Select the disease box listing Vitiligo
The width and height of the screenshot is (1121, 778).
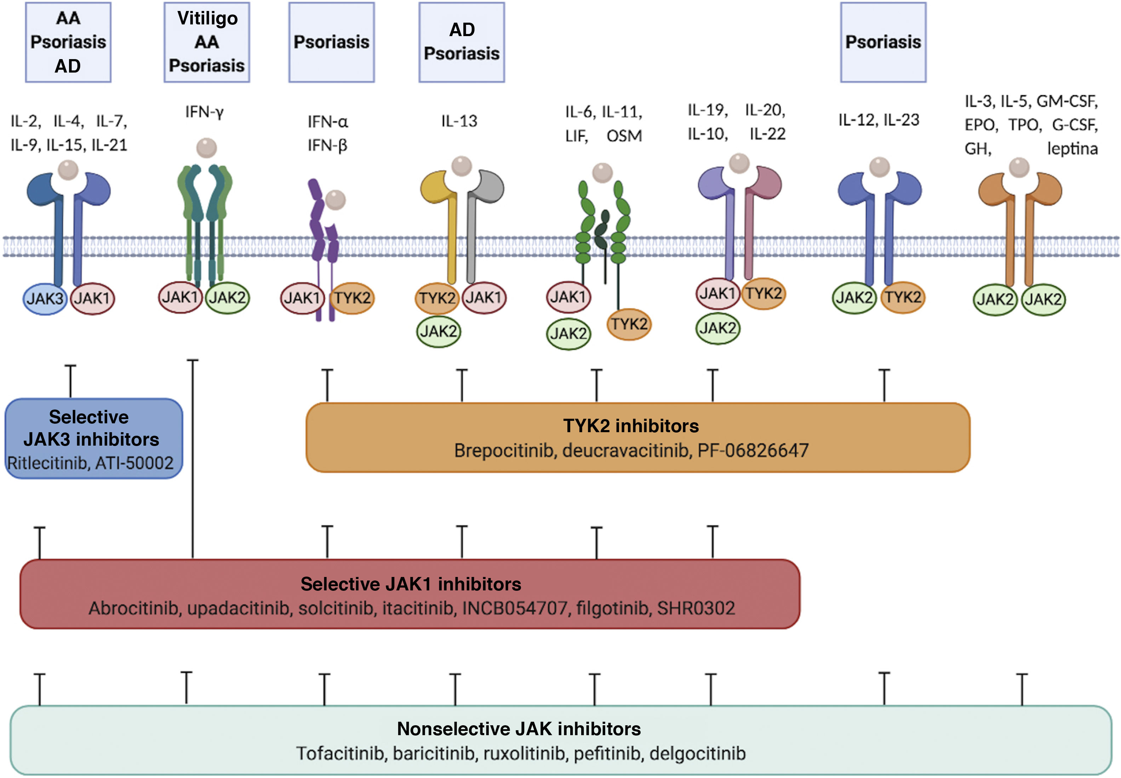point(207,42)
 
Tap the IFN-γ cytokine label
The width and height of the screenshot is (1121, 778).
point(204,112)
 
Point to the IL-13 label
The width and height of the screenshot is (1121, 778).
point(459,121)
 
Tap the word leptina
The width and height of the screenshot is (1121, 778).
point(1072,148)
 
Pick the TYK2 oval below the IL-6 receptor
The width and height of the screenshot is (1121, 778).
point(629,324)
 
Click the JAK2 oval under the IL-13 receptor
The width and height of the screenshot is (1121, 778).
point(439,331)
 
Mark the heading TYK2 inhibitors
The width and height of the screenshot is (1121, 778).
point(631,426)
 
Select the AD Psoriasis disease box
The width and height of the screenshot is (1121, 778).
point(462,42)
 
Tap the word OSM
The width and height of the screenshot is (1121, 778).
point(624,136)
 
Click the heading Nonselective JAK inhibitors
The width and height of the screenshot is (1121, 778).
point(519,729)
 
